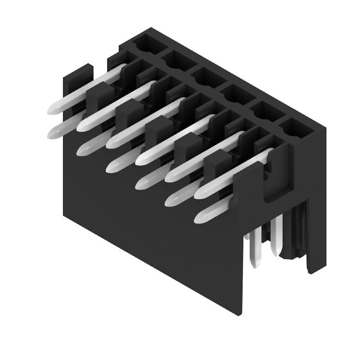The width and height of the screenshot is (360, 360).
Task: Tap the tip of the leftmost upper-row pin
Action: click(x=53, y=108)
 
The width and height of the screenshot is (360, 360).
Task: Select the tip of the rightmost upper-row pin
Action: click(x=201, y=193)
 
